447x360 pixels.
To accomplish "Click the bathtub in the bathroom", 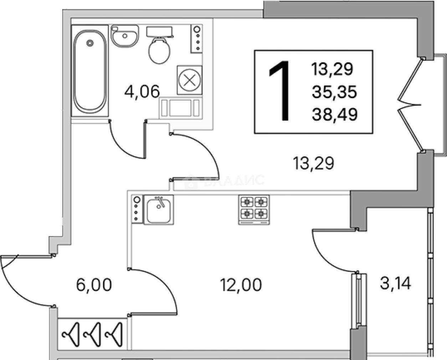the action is pos(90,71).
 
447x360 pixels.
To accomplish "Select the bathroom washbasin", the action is pos(125,36).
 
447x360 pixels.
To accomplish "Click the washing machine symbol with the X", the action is pos(189,80).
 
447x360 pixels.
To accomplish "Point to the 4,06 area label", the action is pos(142,91).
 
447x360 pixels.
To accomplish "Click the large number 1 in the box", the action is pos(279,91).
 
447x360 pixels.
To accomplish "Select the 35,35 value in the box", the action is pos(334,92).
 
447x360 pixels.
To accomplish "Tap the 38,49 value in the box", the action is pos(334,114).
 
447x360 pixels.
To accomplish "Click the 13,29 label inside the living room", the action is pos(313,163).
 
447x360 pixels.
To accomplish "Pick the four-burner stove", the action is pos(254,210).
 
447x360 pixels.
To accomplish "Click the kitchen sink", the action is pos(159,210).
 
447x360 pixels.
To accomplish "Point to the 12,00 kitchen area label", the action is pos(241,285).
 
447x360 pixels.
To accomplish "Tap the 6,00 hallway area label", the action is pos(94,285).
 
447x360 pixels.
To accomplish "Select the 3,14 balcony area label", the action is pos(395,283).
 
